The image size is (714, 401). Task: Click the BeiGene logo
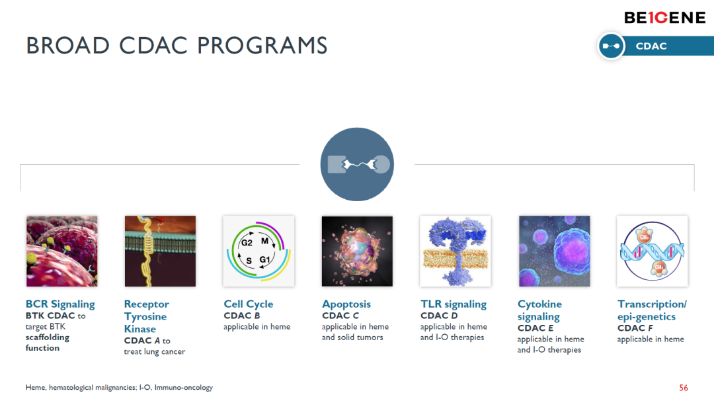click(x=665, y=18)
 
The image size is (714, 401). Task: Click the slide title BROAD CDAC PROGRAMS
click(x=177, y=46)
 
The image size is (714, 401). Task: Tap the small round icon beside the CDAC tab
click(x=611, y=46)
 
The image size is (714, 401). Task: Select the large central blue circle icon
click(x=357, y=164)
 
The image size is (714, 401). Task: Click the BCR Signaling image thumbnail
click(x=62, y=251)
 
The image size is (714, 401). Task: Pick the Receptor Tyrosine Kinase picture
click(x=160, y=251)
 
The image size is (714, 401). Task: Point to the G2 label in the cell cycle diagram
click(x=247, y=242)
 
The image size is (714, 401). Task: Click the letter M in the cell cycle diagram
click(x=264, y=241)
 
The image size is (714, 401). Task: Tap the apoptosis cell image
click(x=357, y=251)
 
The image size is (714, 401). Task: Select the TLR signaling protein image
click(x=456, y=251)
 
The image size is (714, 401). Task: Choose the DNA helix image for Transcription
click(x=652, y=251)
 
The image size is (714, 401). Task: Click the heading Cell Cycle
click(x=248, y=304)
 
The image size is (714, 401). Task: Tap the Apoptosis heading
click(x=346, y=304)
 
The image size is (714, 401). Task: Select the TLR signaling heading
click(x=454, y=304)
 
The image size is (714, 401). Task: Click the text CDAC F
click(x=635, y=328)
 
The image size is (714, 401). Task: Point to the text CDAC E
click(x=535, y=328)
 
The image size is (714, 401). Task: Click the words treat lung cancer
click(x=154, y=352)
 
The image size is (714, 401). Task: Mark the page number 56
click(x=684, y=388)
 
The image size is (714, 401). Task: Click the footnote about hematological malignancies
click(x=119, y=387)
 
